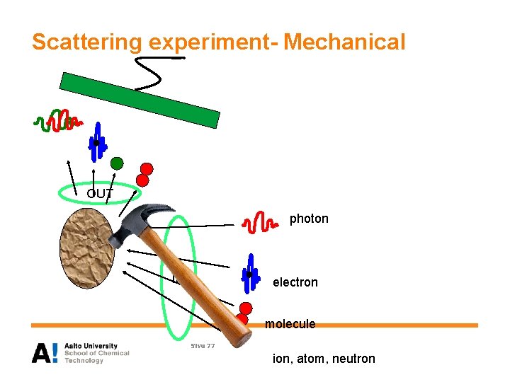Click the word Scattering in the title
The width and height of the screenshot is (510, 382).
86,42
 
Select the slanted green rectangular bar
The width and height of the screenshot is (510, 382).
140,100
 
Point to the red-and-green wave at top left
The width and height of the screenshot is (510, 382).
57,122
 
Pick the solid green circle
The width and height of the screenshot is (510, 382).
117,163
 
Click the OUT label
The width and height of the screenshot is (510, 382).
99,193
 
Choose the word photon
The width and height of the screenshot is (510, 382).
309,219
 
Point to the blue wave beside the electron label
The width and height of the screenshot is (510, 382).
249,274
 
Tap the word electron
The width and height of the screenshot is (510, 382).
295,282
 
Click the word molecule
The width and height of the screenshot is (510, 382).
290,324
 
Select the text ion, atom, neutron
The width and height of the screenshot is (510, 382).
324,359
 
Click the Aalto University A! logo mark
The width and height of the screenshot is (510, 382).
45,352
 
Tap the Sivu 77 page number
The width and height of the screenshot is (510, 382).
202,345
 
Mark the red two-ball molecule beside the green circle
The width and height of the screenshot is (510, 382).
145,173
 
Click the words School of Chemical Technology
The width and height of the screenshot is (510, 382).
96,357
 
